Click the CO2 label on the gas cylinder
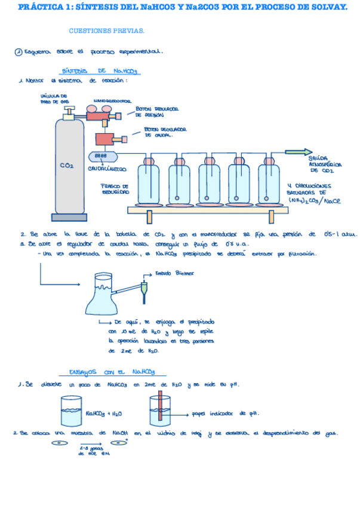pyautogui.click(x=67, y=166)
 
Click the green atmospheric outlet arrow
pyautogui.click(x=297, y=152)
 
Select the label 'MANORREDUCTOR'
pyautogui.click(x=112, y=101)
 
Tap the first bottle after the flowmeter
pyautogui.click(x=149, y=182)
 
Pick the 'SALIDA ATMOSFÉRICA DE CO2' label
pyautogui.click(x=324, y=164)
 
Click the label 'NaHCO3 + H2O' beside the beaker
pyautogui.click(x=105, y=412)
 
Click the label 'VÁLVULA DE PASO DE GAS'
pyautogui.click(x=53, y=98)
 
